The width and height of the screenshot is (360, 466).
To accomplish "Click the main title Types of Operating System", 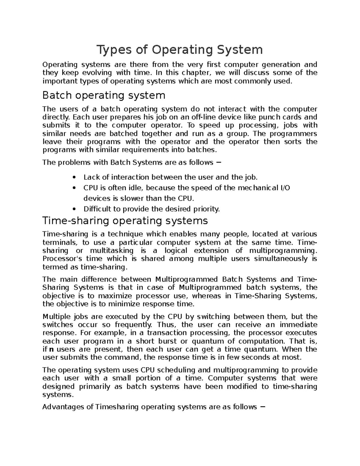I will (x=179, y=50).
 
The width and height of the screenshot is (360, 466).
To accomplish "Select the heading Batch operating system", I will (x=104, y=95).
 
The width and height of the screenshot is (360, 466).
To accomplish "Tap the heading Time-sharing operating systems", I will (x=125, y=221).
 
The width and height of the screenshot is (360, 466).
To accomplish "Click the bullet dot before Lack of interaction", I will (x=74, y=178).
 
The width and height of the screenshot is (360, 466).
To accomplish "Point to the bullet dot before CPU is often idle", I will (x=74, y=188).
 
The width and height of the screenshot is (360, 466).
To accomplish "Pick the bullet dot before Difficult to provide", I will (x=74, y=209).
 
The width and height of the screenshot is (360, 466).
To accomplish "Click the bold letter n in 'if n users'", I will (x=51, y=349).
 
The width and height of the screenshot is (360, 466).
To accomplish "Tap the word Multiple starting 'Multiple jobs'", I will (x=56, y=317).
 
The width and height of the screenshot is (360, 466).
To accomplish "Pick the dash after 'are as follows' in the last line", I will (x=263, y=407).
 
